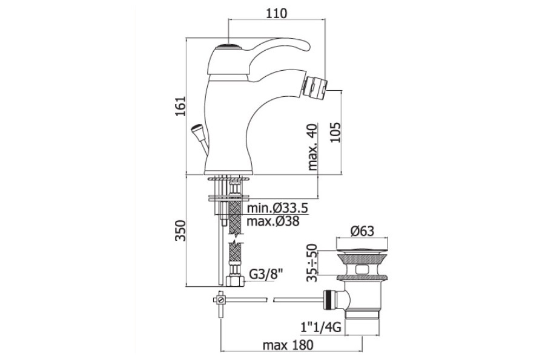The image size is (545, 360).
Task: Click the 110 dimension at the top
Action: pos(277,13)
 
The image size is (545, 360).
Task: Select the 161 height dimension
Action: pos(180,106)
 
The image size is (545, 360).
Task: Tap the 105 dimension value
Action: pos(335,133)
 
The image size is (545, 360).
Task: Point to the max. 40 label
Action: pos(313,147)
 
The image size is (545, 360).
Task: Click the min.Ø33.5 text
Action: pos(277,208)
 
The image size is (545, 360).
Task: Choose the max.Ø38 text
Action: pos(273,221)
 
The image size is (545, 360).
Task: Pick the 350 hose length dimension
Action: pos(180,230)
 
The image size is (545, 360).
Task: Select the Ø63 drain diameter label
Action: pos(362,231)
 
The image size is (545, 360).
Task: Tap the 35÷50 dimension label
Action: pos(312,263)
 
